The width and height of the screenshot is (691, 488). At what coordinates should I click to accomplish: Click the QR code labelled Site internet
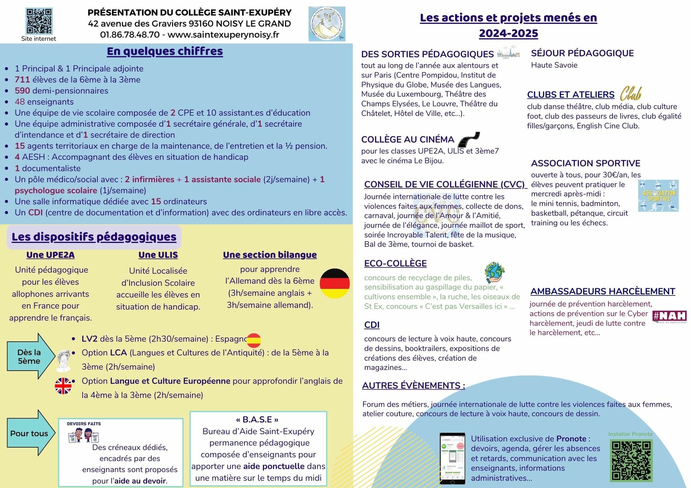[x=39, y=21]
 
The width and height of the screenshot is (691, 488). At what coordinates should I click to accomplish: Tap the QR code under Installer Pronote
[x=631, y=461]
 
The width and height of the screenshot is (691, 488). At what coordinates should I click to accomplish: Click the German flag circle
[x=334, y=283]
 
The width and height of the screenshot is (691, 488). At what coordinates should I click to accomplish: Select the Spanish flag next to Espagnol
[x=254, y=340]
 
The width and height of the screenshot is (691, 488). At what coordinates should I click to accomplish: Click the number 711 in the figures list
[x=22, y=80]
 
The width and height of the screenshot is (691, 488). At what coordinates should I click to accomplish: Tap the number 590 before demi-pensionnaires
[x=22, y=91]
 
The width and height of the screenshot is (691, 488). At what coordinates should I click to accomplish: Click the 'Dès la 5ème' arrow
[x=30, y=356]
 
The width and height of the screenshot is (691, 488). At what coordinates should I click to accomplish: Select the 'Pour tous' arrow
[x=30, y=433]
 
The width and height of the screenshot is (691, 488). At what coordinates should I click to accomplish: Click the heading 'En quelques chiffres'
[x=165, y=51]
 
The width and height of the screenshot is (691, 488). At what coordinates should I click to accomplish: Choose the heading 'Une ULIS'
[x=158, y=255]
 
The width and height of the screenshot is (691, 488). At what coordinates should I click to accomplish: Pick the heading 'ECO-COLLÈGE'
[x=395, y=263]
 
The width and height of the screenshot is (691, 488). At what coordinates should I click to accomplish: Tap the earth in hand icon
[x=494, y=272]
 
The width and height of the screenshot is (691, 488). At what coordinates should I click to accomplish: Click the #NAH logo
[x=670, y=316]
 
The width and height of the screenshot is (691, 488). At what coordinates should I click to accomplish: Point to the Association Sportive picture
[x=658, y=196]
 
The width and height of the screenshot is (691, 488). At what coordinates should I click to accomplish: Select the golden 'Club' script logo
[x=630, y=93]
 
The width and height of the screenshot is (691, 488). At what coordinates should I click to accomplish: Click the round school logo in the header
[x=327, y=24]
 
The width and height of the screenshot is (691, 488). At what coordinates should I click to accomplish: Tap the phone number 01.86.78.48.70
[x=130, y=35]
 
